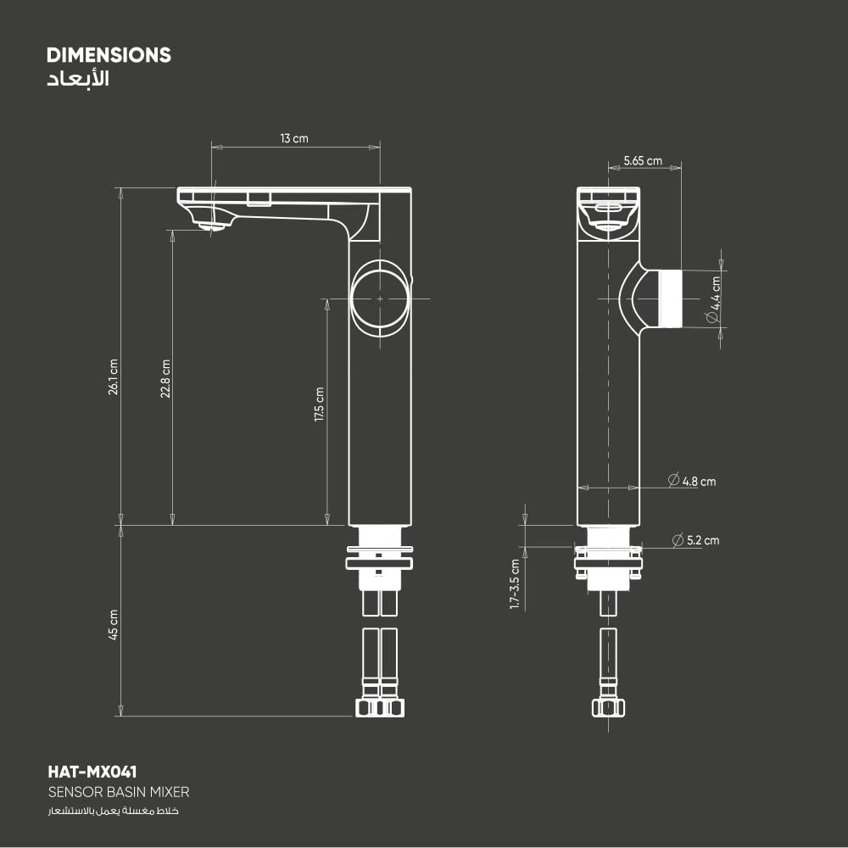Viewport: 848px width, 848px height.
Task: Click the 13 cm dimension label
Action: point(294,138)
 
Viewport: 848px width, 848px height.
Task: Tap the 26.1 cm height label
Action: point(113,377)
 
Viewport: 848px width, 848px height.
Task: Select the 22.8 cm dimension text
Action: point(165,378)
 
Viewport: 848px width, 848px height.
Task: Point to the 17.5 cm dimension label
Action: point(319,404)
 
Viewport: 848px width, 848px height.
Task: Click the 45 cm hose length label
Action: point(113,625)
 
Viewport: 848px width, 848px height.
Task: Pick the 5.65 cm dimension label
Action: point(643,160)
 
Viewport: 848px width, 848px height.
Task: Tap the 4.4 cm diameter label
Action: point(714,300)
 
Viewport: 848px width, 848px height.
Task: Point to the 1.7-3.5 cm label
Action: point(515,584)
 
